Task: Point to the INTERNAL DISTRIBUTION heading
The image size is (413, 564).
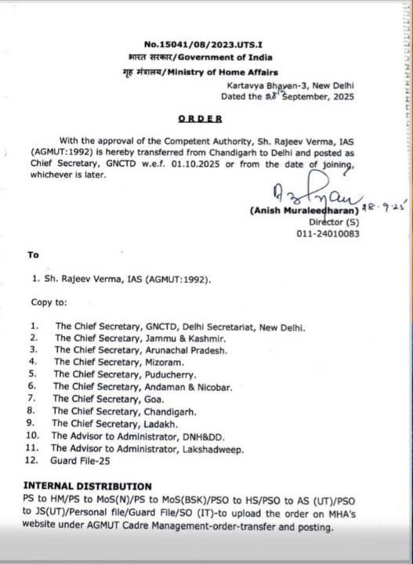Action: pos(87,486)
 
